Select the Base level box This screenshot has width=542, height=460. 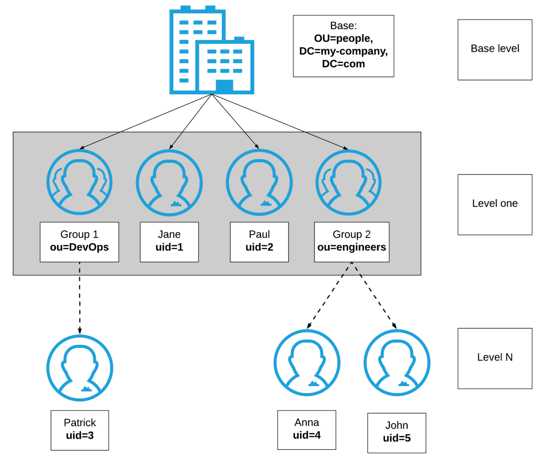494,50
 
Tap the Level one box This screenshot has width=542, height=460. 494,204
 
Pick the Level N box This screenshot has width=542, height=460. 494,358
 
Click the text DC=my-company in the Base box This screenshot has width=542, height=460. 343,51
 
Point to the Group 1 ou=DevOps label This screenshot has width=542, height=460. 79,242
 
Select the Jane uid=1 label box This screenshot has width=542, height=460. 169,242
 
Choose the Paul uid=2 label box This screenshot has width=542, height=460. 259,242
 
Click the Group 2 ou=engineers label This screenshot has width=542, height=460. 351,242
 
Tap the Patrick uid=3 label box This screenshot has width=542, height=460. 80,430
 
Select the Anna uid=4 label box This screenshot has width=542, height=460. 307,430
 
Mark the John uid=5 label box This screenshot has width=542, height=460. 397,433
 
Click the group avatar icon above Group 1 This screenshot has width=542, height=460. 79,182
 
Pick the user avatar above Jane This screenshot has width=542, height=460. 169,183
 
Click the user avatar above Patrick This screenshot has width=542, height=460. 80,368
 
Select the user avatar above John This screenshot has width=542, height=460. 397,362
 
